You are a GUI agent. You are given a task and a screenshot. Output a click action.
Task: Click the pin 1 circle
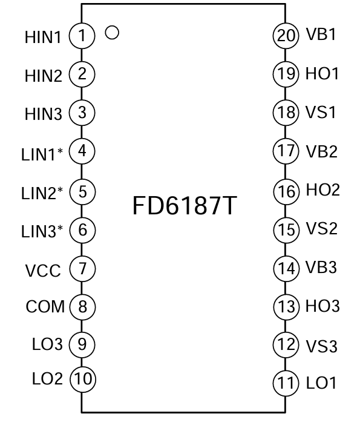click(x=83, y=36)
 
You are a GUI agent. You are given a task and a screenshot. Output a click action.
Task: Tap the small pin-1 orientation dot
click(x=111, y=33)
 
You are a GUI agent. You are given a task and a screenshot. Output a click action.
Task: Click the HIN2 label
click(x=43, y=76)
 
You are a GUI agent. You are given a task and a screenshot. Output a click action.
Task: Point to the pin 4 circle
click(x=83, y=150)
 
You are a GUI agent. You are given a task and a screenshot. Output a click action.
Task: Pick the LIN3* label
click(x=42, y=231)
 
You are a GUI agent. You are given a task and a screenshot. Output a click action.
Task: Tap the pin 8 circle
click(x=83, y=306)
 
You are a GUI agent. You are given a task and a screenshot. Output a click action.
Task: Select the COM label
click(x=45, y=307)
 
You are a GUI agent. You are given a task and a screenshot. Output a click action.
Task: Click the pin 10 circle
click(x=83, y=380)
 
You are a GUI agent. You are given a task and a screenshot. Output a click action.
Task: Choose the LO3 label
click(x=47, y=344)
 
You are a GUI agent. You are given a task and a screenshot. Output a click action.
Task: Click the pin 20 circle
click(x=286, y=36)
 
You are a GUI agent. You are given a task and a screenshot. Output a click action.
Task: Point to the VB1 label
click(x=321, y=35)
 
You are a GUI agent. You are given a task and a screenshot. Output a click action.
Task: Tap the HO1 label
click(x=322, y=74)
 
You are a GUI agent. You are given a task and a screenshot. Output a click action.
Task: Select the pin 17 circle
click(x=286, y=151)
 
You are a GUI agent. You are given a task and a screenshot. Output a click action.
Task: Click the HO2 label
click(x=322, y=189)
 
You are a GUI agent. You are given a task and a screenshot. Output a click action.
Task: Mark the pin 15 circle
click(x=286, y=229)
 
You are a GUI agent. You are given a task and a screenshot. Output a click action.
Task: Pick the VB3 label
click(x=321, y=267)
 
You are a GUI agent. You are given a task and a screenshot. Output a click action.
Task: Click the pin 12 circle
click(x=286, y=344)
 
